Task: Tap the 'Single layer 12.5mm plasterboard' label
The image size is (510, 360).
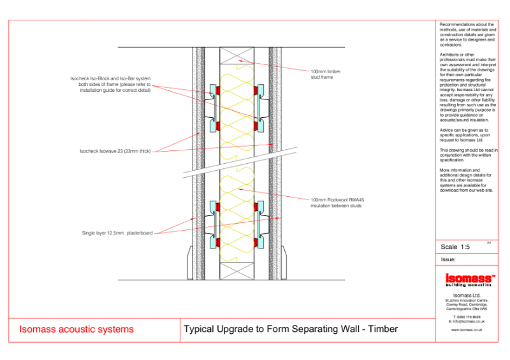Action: [x=117, y=233]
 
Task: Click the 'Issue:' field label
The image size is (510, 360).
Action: [x=448, y=260]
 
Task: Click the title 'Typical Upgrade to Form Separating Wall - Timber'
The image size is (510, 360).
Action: [x=291, y=329]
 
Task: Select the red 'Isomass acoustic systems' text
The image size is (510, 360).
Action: [x=77, y=329]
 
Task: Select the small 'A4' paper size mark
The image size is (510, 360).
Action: [x=488, y=242]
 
